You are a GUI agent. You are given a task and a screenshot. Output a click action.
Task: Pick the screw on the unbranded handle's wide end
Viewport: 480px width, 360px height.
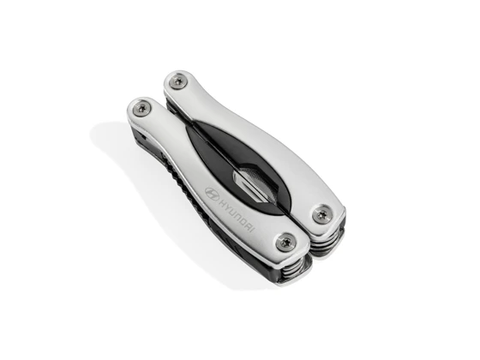tap(322, 213)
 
